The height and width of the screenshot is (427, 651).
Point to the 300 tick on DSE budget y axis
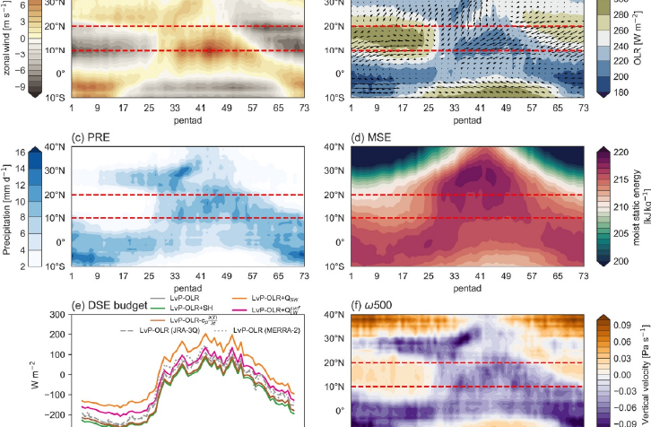56,315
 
